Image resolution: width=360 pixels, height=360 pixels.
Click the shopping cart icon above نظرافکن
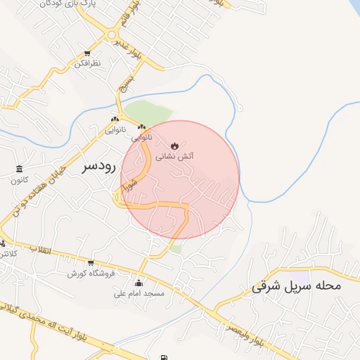click(x=87, y=53)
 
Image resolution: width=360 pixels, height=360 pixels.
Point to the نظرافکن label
click(x=87, y=64)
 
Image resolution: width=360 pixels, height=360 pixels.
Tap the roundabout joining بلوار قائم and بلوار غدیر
click(x=111, y=34)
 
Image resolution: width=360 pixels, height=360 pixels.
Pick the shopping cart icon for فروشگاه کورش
click(x=90, y=262)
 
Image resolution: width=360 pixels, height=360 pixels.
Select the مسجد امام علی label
click(x=139, y=293)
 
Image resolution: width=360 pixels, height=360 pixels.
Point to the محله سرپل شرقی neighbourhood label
click(x=295, y=286)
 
